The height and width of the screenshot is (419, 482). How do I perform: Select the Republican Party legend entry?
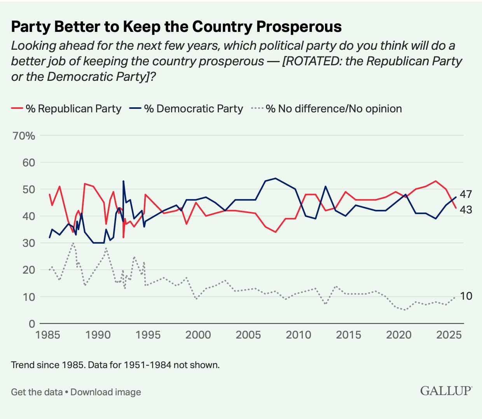66,108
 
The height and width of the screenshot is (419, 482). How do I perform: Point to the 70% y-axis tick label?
24,136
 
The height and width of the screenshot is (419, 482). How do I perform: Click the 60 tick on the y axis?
28,163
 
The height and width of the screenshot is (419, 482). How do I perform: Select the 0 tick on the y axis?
32,324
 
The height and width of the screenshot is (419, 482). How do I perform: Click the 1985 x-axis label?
48,335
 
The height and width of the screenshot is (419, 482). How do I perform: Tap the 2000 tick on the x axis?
198,335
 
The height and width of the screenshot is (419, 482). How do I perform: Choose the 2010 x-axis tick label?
299,335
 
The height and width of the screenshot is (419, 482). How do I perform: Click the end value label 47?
466,194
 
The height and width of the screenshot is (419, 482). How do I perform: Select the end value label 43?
466,210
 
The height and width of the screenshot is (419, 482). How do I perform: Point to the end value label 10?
466,296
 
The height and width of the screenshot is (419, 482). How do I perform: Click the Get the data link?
37,392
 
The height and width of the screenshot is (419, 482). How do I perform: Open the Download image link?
106,392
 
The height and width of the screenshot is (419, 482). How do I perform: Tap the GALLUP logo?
446,391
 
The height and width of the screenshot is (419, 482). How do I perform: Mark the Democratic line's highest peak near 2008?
275,178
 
